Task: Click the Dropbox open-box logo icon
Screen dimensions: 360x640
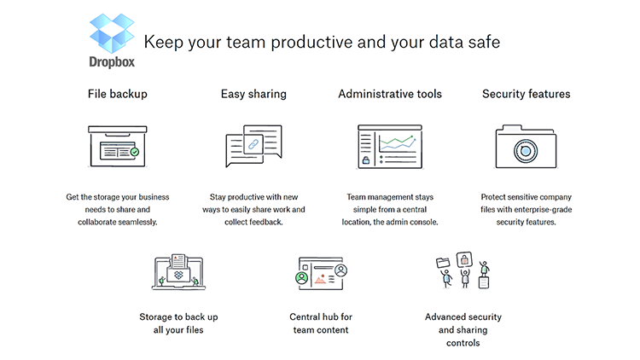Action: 112,34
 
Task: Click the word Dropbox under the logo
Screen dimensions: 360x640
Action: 112,61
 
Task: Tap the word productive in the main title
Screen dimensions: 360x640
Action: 266,41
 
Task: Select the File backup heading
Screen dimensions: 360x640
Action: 118,94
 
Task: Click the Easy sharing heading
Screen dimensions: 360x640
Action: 253,94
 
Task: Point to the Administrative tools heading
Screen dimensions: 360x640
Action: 390,94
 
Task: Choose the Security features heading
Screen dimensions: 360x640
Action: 526,94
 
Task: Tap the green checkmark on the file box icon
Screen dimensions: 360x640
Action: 134,152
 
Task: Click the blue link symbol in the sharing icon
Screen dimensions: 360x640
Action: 253,145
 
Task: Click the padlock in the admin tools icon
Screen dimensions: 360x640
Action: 366,160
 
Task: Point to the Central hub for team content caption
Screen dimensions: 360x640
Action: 320,322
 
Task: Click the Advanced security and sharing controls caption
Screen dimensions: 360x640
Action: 463,329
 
